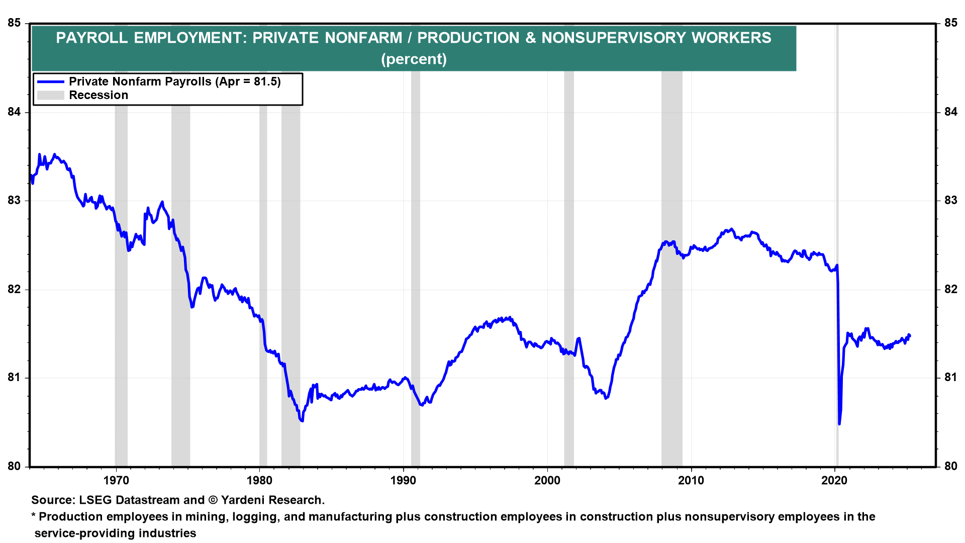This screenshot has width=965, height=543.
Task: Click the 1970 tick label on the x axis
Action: pyautogui.click(x=116, y=480)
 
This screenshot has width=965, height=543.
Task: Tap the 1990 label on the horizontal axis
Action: pyautogui.click(x=404, y=480)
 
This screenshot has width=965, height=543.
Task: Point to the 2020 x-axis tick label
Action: pyautogui.click(x=834, y=480)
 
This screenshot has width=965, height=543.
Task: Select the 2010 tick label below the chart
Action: pyautogui.click(x=691, y=480)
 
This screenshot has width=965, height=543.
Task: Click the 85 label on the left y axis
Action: pyautogui.click(x=14, y=23)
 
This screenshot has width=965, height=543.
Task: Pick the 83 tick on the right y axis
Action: pyautogui.click(x=951, y=201)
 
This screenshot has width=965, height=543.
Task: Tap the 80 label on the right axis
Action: pyautogui.click(x=951, y=466)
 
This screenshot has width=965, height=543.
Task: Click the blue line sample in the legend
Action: pyautogui.click(x=51, y=81)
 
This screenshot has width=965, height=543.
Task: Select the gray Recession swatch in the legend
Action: pyautogui.click(x=51, y=96)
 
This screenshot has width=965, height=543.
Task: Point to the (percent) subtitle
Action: pyautogui.click(x=414, y=59)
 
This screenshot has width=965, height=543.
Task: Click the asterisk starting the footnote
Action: pyautogui.click(x=34, y=515)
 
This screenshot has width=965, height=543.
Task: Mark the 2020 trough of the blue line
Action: pyautogui.click(x=839, y=424)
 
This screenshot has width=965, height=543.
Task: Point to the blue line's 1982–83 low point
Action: pyautogui.click(x=302, y=421)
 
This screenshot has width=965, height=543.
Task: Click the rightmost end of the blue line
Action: pyautogui.click(x=910, y=336)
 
